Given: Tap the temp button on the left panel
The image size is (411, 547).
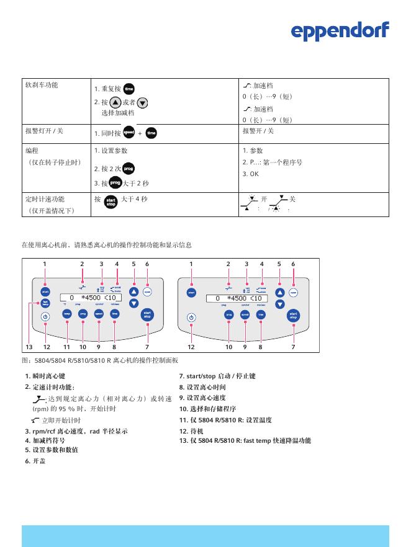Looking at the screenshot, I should tap(66, 314).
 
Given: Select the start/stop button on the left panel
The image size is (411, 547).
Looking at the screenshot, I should tap(147, 314).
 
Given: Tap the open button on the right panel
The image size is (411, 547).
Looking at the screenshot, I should tap(293, 292).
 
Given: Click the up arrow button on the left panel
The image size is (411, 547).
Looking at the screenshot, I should tap(133, 291).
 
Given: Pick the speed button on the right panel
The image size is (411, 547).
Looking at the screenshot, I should tap(245, 314).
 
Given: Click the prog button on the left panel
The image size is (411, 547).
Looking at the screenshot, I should tap(83, 314).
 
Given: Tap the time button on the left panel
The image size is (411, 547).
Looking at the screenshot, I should tap(115, 314).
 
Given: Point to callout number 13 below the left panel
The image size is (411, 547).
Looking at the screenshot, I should tap(29, 346).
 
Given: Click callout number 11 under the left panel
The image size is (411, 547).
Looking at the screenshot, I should tap(67, 346).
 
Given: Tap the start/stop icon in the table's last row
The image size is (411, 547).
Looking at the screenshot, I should tap(111, 202).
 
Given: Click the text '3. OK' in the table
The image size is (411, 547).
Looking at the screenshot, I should tap(250, 174).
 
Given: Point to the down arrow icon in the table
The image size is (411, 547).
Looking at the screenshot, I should tap(143, 103).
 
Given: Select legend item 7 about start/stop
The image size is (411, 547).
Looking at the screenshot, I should tap(217, 376).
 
